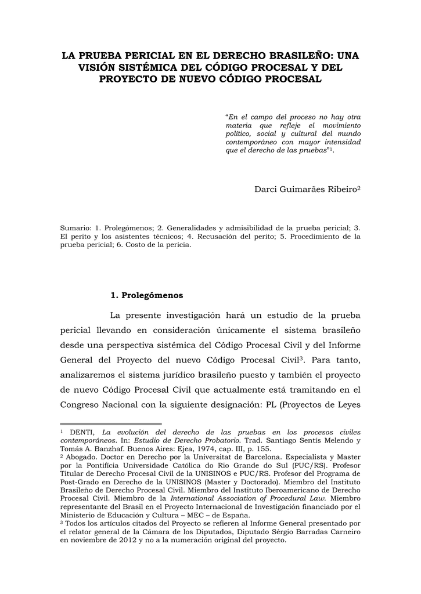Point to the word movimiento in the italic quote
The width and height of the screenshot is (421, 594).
(341, 125)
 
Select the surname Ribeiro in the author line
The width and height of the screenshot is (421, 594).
(341, 189)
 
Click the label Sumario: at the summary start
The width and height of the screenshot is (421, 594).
(75, 228)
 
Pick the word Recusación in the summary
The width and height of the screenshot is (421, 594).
(225, 236)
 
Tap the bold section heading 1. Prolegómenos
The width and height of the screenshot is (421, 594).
(146, 295)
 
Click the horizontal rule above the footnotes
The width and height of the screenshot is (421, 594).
(110, 424)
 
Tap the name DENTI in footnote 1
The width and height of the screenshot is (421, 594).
(84, 432)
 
